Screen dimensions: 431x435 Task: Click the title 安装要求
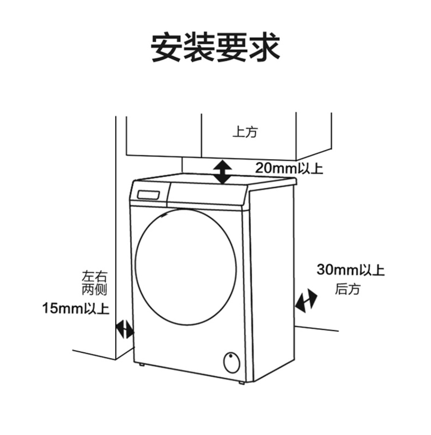(216, 48)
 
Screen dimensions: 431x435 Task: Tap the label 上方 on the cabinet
(245, 131)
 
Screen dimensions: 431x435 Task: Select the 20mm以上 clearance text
(289, 168)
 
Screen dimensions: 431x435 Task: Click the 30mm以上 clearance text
(350, 270)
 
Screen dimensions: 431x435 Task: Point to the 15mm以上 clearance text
(76, 308)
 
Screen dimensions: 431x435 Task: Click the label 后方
(347, 289)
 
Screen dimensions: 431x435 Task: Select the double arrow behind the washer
(306, 301)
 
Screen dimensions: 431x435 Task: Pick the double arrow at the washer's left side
(125, 329)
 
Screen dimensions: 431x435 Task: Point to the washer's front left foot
(141, 365)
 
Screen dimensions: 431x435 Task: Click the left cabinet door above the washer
(164, 134)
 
